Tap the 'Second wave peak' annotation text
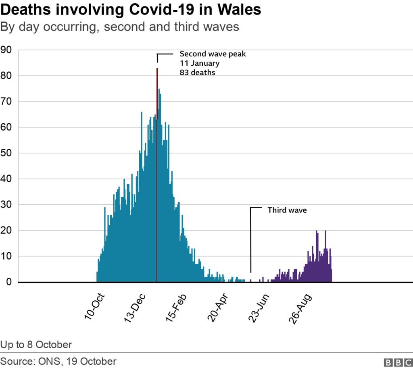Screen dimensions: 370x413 213,54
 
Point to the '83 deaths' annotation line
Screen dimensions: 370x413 197,73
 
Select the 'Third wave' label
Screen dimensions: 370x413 287,210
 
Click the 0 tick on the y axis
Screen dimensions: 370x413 9,282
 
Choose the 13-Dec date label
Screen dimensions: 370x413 136,307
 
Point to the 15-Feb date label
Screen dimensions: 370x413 177,307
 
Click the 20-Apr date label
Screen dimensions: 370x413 218,307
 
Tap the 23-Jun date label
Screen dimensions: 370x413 259,307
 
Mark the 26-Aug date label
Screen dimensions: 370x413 300,307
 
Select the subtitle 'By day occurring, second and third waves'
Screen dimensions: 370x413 120,27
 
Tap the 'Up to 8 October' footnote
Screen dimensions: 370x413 36,345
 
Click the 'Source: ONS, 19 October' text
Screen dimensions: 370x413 58,362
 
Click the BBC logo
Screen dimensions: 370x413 397,362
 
